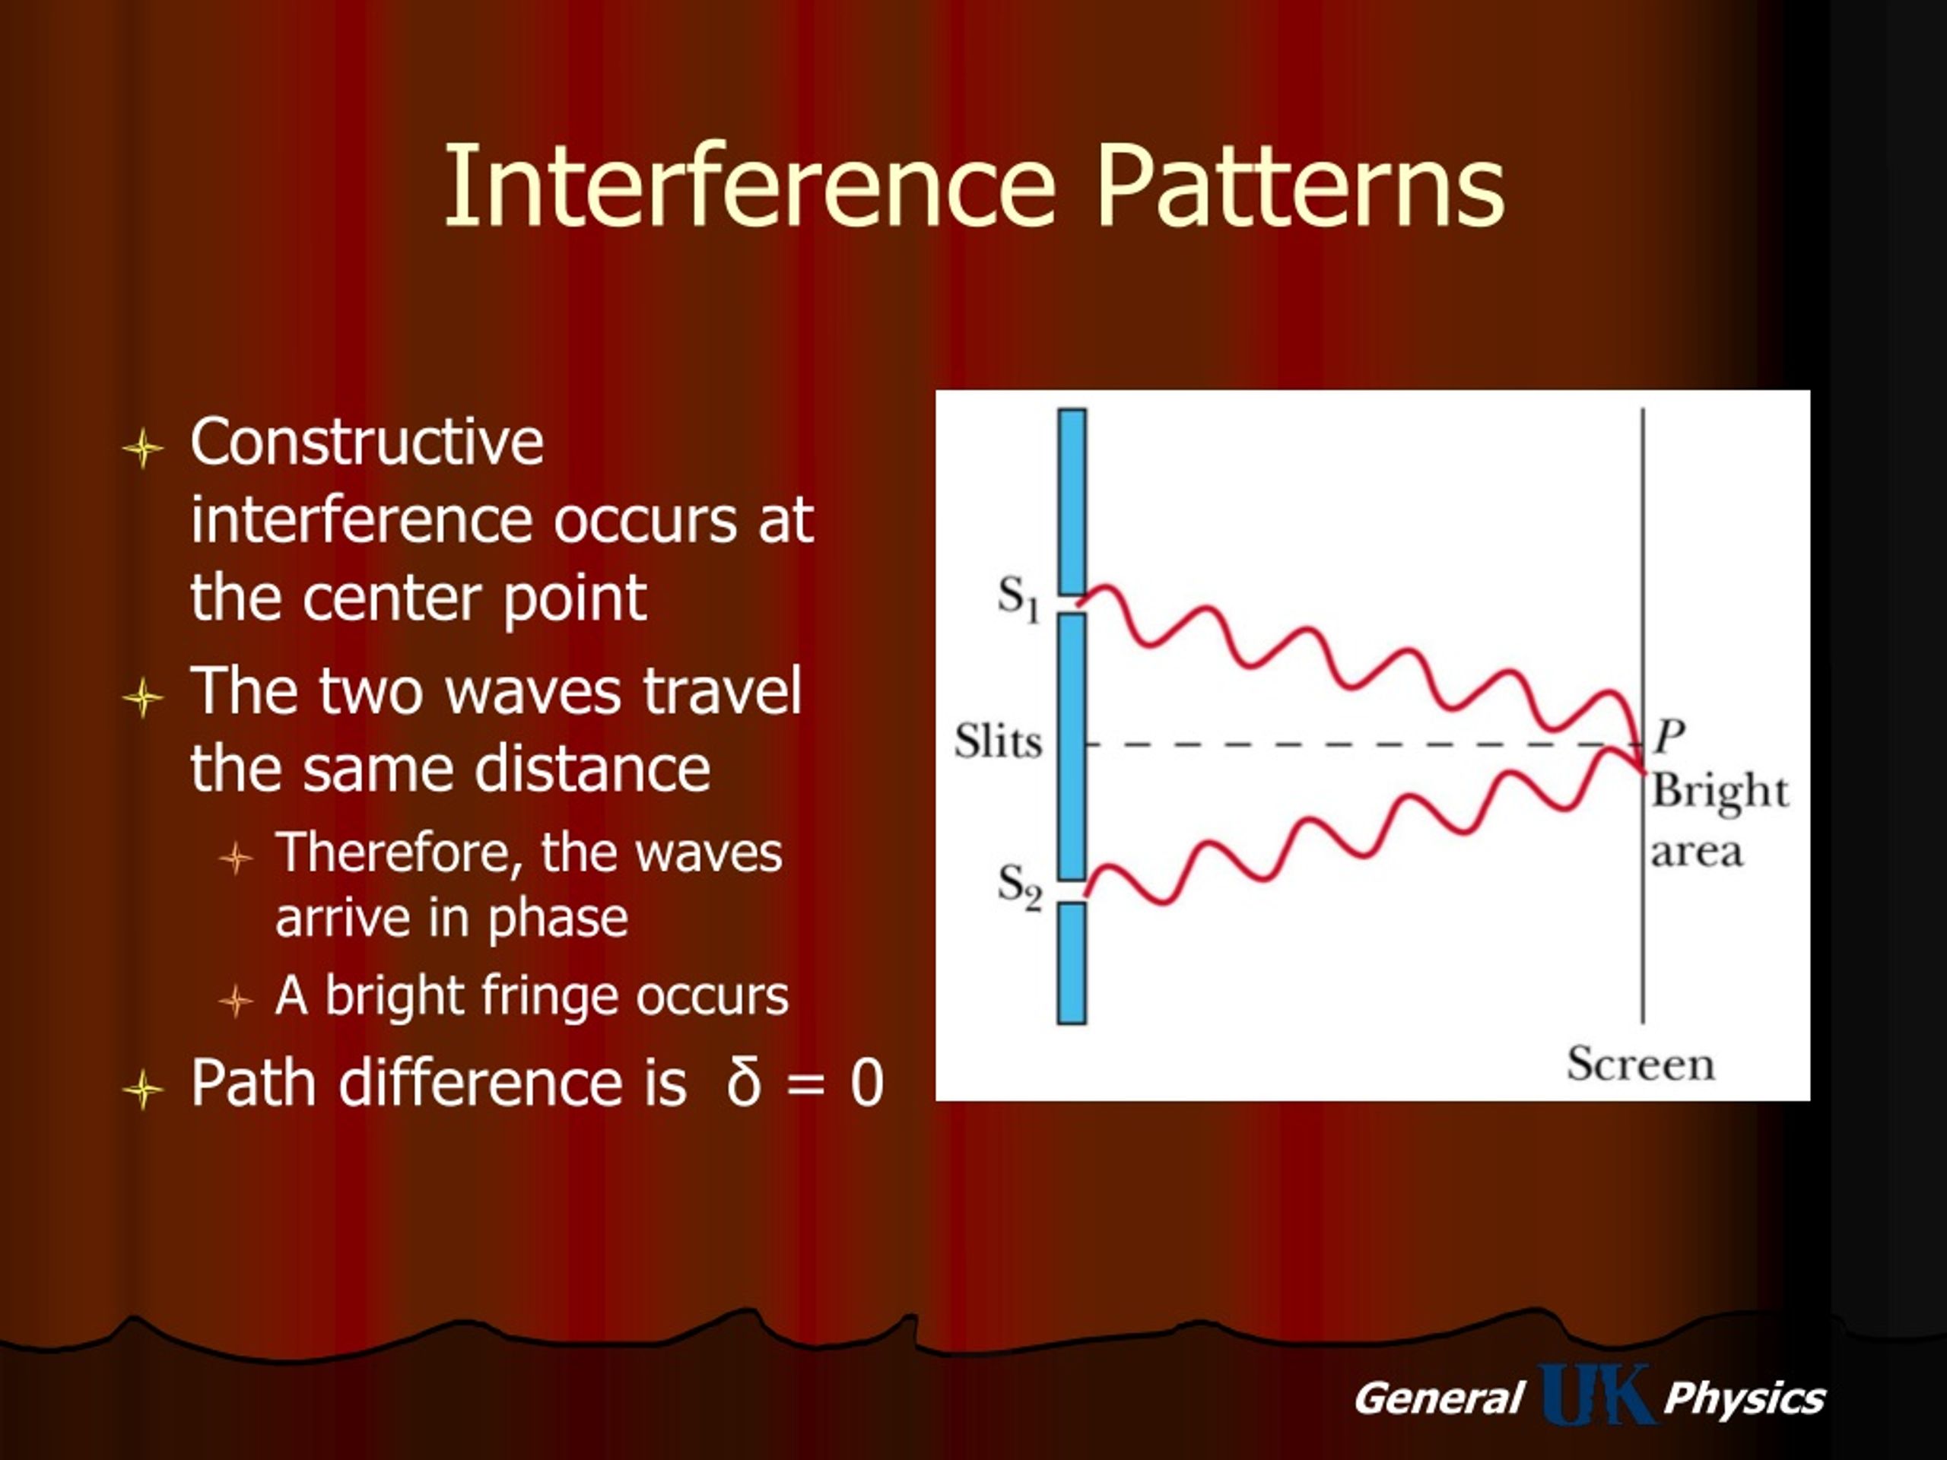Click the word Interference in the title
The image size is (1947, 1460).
tap(750, 186)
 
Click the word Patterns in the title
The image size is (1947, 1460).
tap(1300, 186)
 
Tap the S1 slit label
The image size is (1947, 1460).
tap(1018, 598)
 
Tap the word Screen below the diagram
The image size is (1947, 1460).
tap(1640, 1063)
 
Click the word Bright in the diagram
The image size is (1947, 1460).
tap(1719, 792)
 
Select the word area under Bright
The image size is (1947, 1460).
tap(1696, 852)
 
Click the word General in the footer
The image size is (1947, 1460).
tap(1438, 1398)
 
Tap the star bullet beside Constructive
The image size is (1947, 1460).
tap(142, 449)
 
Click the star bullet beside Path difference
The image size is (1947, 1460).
tap(142, 1090)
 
